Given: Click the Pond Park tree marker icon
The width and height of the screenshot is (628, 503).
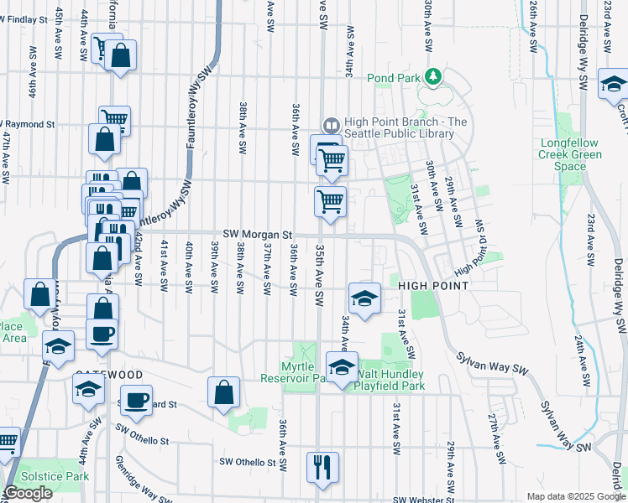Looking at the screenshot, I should click(433, 77).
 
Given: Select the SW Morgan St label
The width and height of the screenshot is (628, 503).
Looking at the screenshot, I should click(257, 236).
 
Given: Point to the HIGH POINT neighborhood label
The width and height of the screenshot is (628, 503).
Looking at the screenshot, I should click(433, 286).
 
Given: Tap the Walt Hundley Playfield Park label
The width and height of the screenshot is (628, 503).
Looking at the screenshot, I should click(390, 380).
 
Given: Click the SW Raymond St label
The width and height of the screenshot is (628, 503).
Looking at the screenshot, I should click(29, 124).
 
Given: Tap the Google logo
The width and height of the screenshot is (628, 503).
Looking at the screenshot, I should click(29, 493).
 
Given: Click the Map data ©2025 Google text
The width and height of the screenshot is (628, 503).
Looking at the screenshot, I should click(575, 496).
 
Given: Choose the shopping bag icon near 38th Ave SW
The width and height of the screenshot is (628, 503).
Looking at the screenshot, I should click(224, 392).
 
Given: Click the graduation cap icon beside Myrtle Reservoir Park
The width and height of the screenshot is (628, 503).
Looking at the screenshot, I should click(342, 367).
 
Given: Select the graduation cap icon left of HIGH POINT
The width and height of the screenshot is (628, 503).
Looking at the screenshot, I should click(364, 298).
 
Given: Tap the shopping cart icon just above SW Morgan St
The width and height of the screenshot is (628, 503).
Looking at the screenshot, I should click(331, 201).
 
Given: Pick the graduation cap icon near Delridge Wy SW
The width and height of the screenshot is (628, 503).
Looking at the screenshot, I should click(614, 84).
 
